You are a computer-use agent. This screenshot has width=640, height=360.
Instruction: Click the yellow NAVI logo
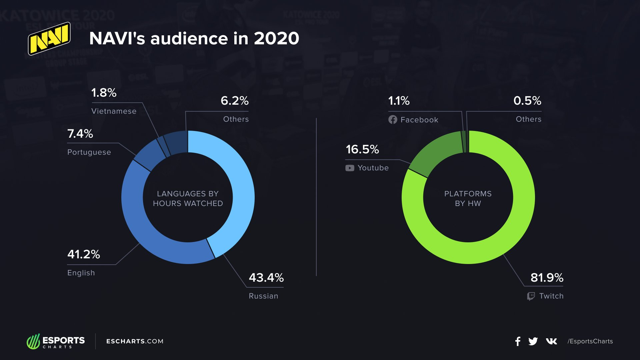[x=49, y=38]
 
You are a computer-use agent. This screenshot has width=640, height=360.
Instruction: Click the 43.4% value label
[x=266, y=278]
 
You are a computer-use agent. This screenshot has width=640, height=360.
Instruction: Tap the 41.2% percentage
[x=83, y=254]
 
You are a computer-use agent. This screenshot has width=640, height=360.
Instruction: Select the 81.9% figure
[x=547, y=278]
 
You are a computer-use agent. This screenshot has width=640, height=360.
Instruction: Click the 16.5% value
[x=362, y=149]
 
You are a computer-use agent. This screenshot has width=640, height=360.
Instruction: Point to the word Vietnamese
[x=114, y=111]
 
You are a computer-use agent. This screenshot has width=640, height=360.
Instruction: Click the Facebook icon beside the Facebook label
[x=393, y=120]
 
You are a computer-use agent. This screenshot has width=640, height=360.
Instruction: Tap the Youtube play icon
[x=350, y=168]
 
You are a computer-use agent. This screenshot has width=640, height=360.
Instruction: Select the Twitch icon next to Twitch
[x=531, y=296]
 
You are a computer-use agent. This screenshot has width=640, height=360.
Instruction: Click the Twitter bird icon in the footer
[x=533, y=341]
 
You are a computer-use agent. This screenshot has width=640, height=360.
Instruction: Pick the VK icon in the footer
[x=551, y=341]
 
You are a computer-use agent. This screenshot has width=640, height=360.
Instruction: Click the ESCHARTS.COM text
[x=135, y=341]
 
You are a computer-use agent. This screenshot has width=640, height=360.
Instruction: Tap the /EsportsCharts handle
[x=590, y=341]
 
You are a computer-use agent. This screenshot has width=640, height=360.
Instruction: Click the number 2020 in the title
[x=276, y=38]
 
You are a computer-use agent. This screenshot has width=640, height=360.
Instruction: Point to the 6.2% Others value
[x=234, y=101]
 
